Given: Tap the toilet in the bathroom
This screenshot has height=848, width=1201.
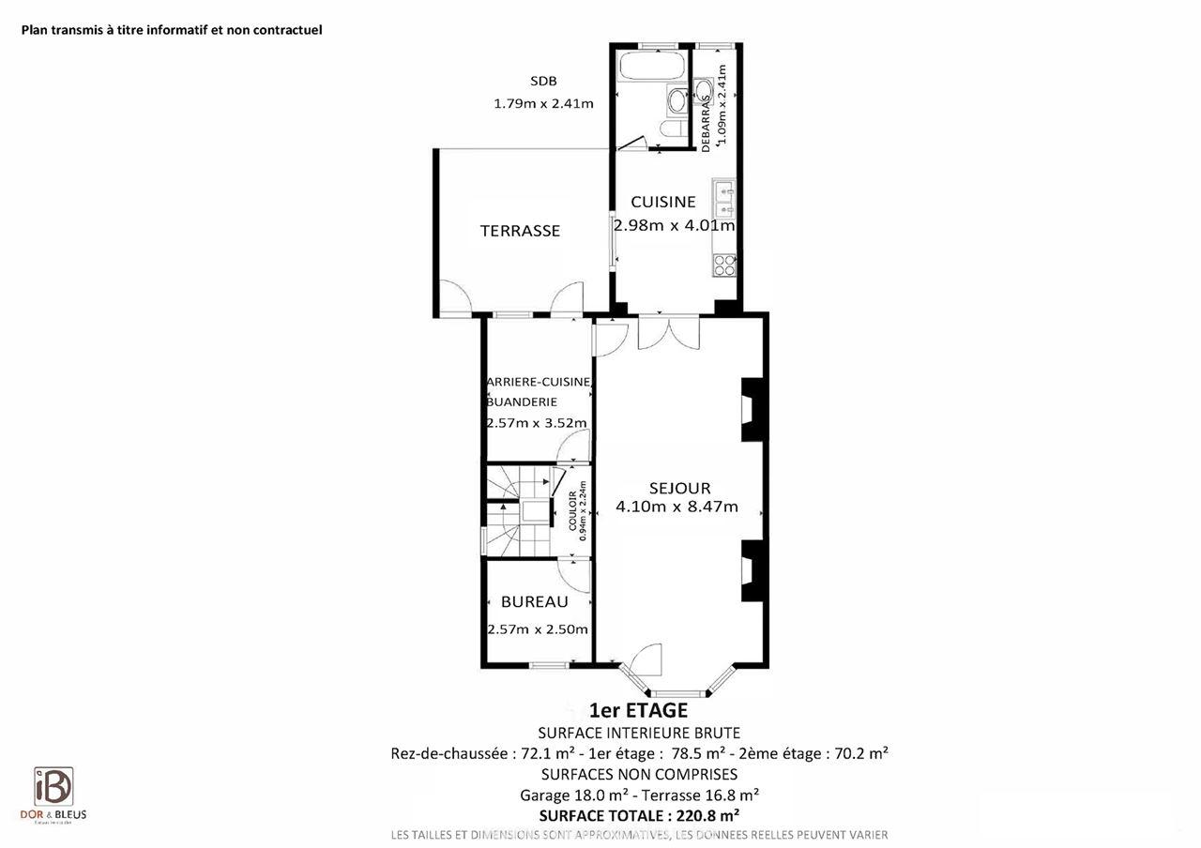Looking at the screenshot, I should pos(672,129).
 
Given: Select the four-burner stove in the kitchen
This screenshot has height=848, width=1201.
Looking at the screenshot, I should pos(724,265).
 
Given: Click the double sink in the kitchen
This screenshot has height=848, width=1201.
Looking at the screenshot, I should pos(723,198).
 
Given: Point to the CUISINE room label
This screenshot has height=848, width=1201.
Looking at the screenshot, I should pos(662,202).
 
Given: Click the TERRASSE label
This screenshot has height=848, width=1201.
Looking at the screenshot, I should pos(520,231).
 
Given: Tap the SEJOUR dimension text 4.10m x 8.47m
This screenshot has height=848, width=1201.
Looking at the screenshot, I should pos(677,507).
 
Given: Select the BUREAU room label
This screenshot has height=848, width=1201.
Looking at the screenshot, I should pos(534,602).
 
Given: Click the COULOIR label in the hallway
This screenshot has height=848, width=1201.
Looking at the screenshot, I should pos(572,511).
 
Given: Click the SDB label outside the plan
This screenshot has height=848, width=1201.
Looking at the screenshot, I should pos(542,82).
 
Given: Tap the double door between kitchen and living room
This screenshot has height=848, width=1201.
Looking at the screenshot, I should pos(668,332).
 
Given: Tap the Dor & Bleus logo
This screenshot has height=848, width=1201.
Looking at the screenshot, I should pos(53,794).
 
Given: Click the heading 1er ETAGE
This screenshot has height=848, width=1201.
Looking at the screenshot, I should pos(638,711).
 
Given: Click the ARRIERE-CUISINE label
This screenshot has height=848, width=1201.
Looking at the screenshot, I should pos(538,382).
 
